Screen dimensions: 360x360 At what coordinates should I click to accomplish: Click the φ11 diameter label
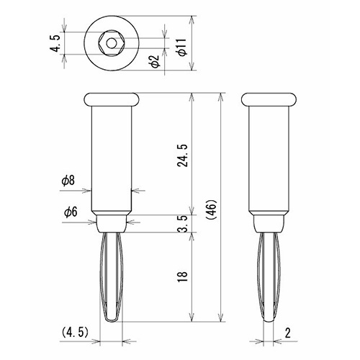(182, 47)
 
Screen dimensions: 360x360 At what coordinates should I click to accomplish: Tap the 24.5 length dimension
(182, 156)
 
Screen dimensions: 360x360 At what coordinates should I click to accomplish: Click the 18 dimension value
(182, 277)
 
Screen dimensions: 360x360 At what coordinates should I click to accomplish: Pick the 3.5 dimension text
(183, 224)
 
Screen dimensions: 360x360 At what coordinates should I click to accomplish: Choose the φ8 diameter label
(68, 181)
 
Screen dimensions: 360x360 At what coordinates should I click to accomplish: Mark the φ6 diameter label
(71, 212)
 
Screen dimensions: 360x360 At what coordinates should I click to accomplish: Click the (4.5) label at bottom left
(75, 333)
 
